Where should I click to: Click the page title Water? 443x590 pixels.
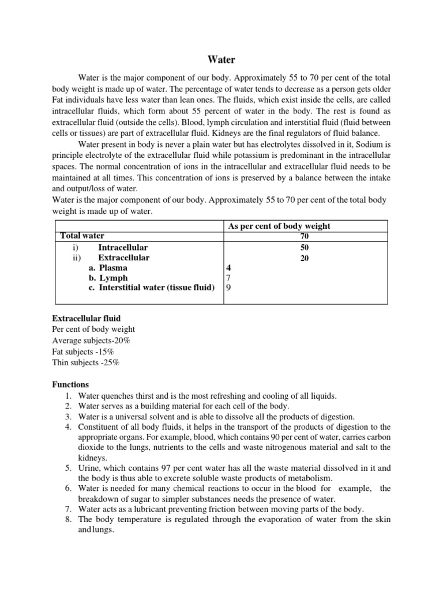coord(221,59)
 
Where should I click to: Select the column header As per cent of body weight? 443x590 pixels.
coord(279,226)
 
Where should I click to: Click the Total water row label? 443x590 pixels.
coord(82,236)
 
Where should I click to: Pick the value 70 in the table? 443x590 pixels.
coord(304,236)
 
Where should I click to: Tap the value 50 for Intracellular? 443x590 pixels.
coord(304,247)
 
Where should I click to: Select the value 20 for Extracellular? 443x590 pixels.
coord(304,258)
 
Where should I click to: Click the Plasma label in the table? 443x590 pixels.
coord(113,268)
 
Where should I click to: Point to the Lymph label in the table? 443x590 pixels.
coord(113,278)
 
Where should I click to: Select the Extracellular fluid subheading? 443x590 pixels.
coord(86,319)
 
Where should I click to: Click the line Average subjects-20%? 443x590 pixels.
coord(91,341)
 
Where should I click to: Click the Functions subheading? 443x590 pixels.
coord(70,384)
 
